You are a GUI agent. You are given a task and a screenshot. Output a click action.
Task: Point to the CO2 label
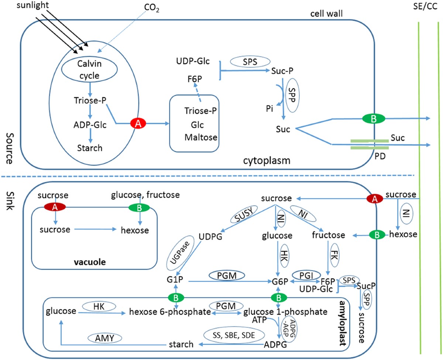click(x=152, y=8)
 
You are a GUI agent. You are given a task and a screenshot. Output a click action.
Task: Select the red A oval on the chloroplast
click(x=138, y=124)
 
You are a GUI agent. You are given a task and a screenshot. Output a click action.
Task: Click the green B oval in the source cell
click(x=374, y=118)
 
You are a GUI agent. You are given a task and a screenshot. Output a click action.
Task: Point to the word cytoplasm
click(x=266, y=160)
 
